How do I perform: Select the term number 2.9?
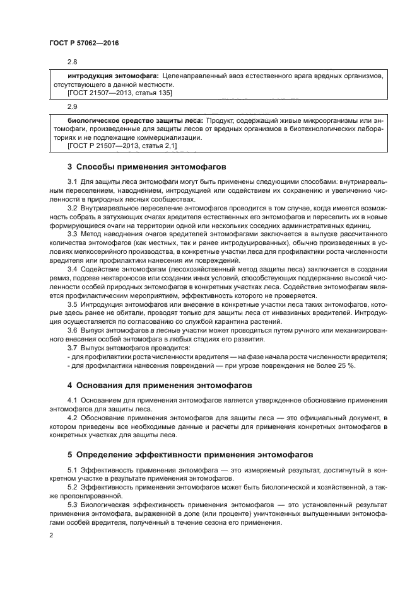(x=72, y=106)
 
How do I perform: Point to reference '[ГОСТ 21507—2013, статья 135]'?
(x=120, y=93)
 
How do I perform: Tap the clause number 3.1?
(x=72, y=182)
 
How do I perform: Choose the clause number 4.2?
(x=72, y=418)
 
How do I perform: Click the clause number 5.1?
(x=72, y=470)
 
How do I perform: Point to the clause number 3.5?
(x=72, y=304)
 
